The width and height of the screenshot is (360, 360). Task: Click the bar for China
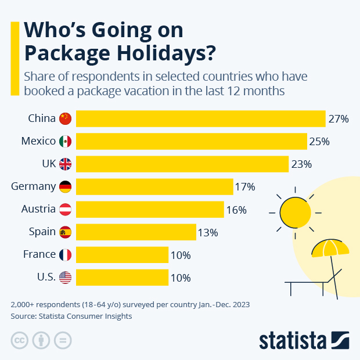pyautogui.click(x=200, y=118)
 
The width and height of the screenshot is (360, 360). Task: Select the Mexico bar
pyautogui.click(x=192, y=141)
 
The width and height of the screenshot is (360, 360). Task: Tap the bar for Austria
pyautogui.click(x=150, y=209)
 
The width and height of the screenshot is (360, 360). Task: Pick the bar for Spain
pyautogui.click(x=136, y=232)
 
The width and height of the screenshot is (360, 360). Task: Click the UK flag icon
pyautogui.click(x=65, y=164)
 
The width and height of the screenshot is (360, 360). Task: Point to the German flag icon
pyautogui.click(x=65, y=187)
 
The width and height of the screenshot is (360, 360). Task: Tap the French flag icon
pyautogui.click(x=65, y=255)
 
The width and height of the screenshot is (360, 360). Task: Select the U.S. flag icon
pyautogui.click(x=65, y=278)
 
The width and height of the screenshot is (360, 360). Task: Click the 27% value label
pyautogui.click(x=338, y=119)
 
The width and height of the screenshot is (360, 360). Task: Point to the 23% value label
pyautogui.click(x=301, y=164)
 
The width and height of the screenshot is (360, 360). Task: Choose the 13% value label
pyautogui.click(x=207, y=233)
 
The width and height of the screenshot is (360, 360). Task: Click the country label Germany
pyautogui.click(x=33, y=186)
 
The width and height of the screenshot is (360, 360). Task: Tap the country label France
pyautogui.click(x=39, y=254)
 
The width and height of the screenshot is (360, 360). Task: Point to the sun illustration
pyautogui.click(x=296, y=213)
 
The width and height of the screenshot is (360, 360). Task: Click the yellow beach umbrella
pyautogui.click(x=330, y=249)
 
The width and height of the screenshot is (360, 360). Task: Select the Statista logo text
pyautogui.click(x=293, y=340)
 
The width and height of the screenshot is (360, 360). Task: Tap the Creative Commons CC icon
pyautogui.click(x=20, y=340)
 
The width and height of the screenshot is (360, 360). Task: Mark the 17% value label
pyautogui.click(x=244, y=187)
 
